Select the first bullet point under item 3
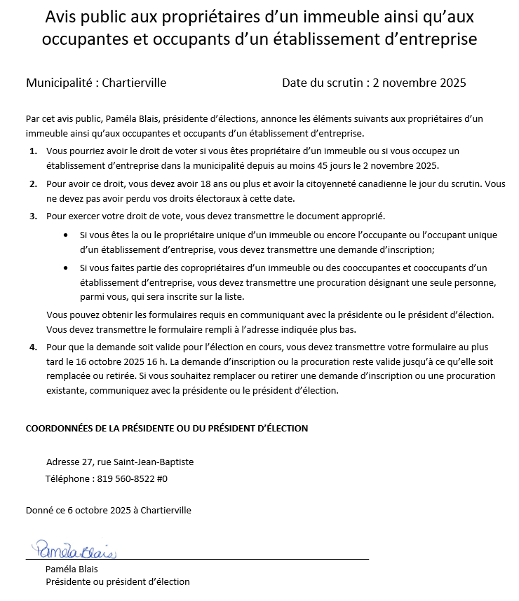click(x=65, y=236)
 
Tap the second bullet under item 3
click(x=65, y=268)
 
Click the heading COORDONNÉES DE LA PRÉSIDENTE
click(x=166, y=428)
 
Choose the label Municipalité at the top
click(x=59, y=83)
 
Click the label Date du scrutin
click(x=321, y=83)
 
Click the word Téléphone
click(x=67, y=479)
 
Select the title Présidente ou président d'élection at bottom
click(x=118, y=582)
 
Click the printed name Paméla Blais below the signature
click(x=72, y=569)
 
